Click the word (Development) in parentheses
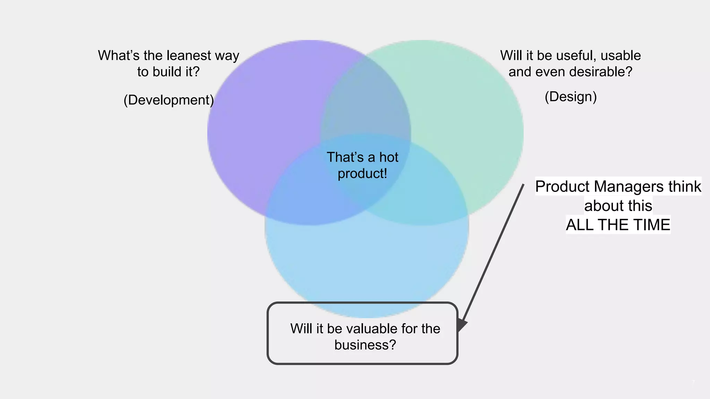click(x=168, y=100)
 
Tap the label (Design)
click(x=571, y=97)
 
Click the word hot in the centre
click(x=389, y=157)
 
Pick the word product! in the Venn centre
click(x=362, y=174)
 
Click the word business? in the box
click(x=365, y=345)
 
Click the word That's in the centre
click(x=345, y=157)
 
